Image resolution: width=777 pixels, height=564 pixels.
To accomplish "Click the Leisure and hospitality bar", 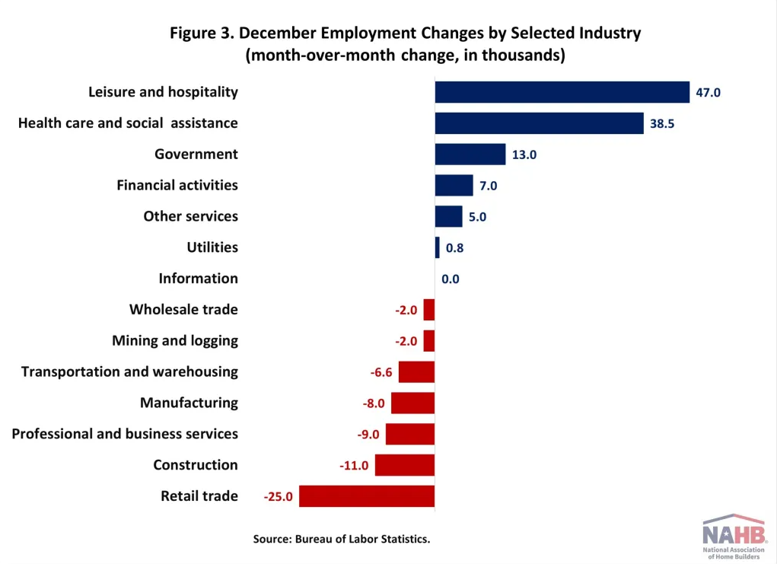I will click(562, 92).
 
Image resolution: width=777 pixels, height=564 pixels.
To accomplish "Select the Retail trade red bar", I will click(367, 496).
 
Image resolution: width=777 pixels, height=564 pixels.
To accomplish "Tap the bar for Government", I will click(470, 155).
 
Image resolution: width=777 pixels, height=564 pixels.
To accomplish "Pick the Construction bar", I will click(404, 465).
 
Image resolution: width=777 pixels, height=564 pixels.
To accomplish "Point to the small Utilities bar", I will click(437, 247).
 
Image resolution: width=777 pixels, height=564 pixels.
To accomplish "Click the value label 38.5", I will click(662, 123).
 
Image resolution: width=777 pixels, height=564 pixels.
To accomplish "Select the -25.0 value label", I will click(279, 496).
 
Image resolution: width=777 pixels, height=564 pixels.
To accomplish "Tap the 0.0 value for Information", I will click(451, 279).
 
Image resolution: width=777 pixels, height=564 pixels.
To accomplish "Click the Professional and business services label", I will click(125, 434).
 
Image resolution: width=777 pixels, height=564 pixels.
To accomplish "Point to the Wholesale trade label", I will click(183, 310).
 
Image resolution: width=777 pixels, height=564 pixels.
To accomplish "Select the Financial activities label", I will click(177, 185).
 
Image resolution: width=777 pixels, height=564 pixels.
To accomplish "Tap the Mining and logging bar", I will click(429, 341).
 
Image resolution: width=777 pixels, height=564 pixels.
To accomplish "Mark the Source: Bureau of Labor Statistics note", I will click(342, 539).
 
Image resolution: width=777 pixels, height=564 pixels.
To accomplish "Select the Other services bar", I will click(448, 216).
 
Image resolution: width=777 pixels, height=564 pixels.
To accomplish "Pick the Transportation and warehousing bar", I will click(416, 372).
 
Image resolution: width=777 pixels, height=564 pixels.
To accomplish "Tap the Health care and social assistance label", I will click(128, 123).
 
